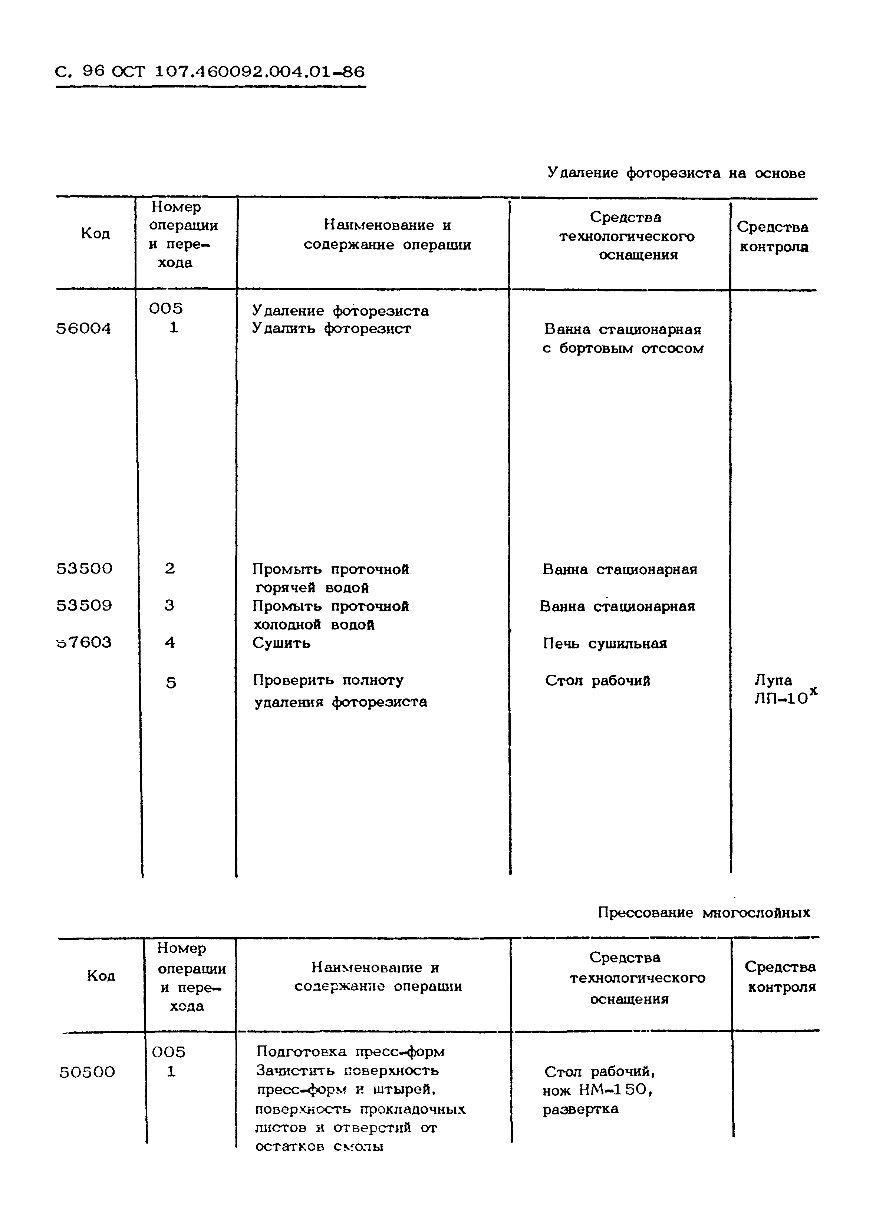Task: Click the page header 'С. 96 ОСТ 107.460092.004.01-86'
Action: coord(210,72)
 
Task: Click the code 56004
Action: coord(83,328)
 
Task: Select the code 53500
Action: coord(84,568)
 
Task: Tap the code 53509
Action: coord(84,605)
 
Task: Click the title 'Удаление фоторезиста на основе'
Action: coord(676,173)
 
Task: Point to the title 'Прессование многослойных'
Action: coord(704,912)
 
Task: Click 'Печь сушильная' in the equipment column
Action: coord(605,643)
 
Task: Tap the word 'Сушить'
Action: coord(281,642)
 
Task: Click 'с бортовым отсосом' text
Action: coord(623,348)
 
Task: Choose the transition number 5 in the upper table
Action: coord(171,683)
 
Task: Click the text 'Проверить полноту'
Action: coord(328,680)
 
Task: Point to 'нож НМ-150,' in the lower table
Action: coord(597,1090)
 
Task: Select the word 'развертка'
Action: coord(580,1109)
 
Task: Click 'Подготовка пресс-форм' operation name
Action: coord(350,1051)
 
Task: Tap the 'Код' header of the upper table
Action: coord(95,234)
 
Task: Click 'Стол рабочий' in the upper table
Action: coord(597,680)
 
